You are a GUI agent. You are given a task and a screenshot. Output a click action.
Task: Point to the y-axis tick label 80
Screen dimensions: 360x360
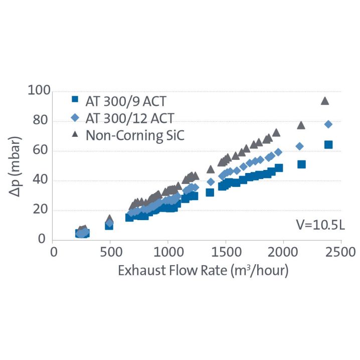pyautogui.click(x=40, y=121)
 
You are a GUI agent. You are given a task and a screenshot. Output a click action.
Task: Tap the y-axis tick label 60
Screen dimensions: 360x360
pyautogui.click(x=40, y=151)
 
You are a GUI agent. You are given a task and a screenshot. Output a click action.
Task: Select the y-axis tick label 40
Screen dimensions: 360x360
pyautogui.click(x=40, y=181)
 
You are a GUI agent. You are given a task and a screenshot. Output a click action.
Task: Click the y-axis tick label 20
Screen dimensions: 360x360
pyautogui.click(x=40, y=211)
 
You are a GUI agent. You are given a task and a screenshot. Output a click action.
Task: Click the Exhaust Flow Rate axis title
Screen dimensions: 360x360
pyautogui.click(x=203, y=271)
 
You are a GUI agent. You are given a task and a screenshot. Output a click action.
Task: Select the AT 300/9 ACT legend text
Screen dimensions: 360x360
pyautogui.click(x=126, y=101)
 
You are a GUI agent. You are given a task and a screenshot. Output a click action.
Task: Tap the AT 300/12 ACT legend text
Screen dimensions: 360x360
pyautogui.click(x=129, y=118)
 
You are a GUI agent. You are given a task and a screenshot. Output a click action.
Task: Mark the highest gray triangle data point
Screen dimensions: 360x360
pyautogui.click(x=324, y=101)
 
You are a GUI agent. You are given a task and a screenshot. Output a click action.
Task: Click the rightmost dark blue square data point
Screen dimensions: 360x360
pyautogui.click(x=328, y=144)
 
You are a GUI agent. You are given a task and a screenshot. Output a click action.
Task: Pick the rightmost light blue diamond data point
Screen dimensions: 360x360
pyautogui.click(x=328, y=124)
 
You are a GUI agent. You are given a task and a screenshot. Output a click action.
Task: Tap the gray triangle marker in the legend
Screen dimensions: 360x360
pyautogui.click(x=75, y=134)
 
